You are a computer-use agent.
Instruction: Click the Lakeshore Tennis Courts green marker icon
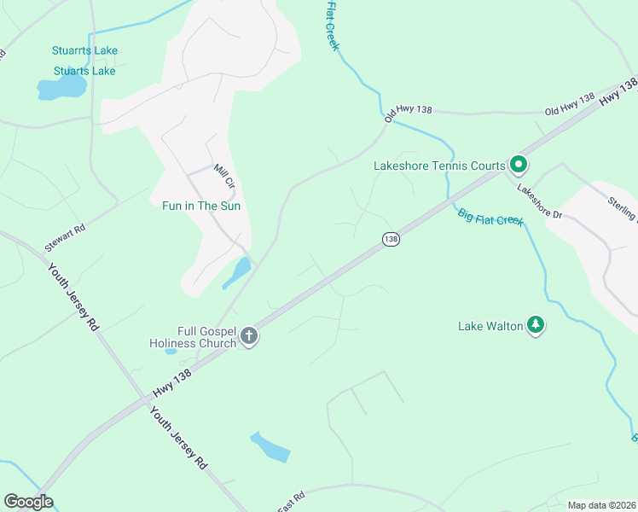tap(518, 164)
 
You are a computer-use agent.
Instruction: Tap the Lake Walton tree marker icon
tap(536, 325)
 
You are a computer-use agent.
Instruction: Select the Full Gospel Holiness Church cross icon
tap(249, 336)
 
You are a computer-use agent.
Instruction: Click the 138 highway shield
tap(391, 240)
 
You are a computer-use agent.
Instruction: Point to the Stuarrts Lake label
tap(84, 51)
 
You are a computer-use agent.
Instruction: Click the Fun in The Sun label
tap(201, 206)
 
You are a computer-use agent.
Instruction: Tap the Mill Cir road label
tap(224, 176)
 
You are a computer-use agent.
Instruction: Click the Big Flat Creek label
tap(490, 218)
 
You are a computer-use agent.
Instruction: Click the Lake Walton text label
tap(490, 326)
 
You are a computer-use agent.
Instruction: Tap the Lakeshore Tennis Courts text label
tap(439, 166)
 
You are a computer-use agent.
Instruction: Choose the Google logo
tap(28, 502)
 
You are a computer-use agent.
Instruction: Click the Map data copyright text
tap(601, 505)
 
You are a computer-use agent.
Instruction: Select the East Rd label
tap(291, 503)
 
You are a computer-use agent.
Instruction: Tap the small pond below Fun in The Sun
tap(237, 273)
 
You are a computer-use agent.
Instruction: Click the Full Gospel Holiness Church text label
tap(193, 336)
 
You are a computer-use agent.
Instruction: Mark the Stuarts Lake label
tap(84, 71)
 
